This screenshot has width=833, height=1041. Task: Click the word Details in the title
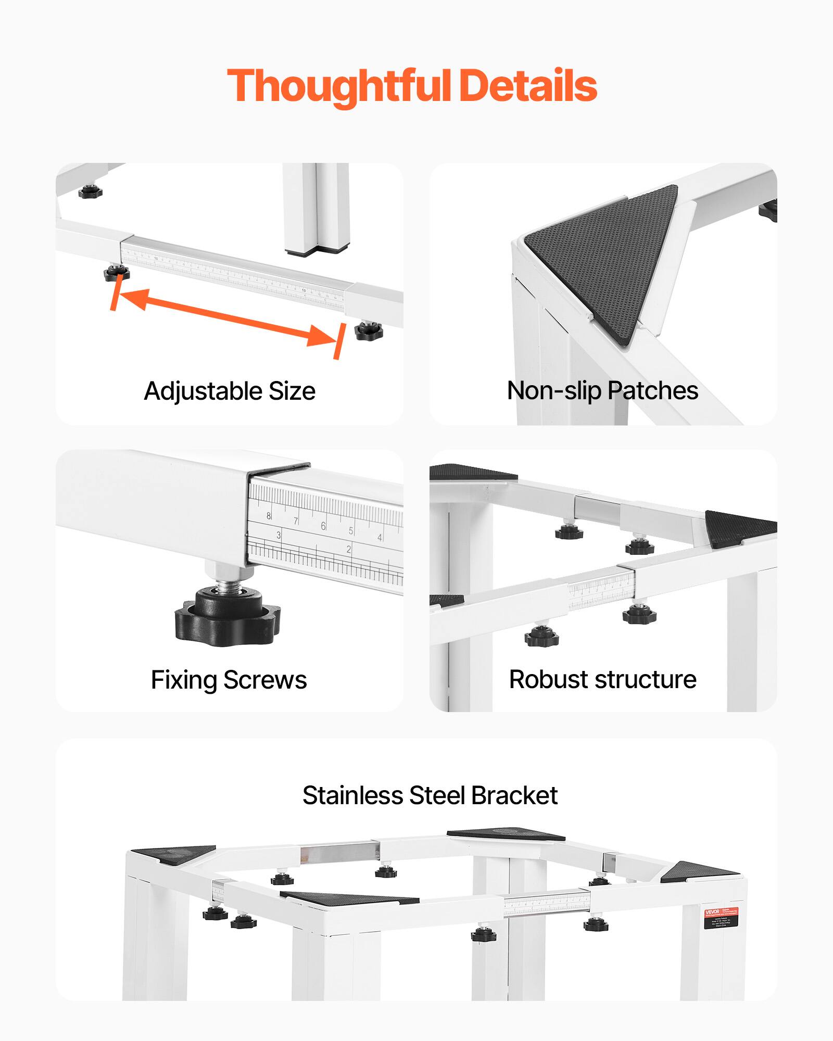click(x=528, y=86)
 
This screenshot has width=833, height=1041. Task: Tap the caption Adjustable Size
click(x=230, y=391)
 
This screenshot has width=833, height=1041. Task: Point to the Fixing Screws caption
click(x=229, y=680)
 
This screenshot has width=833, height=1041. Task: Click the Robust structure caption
click(x=602, y=679)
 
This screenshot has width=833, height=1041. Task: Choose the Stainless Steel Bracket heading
click(x=430, y=795)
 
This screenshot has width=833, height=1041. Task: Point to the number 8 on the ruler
click(x=269, y=516)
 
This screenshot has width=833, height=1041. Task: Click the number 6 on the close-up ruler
click(x=323, y=526)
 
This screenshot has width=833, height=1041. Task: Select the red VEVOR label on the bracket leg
click(x=722, y=919)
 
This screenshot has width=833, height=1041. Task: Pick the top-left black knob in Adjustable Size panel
click(x=91, y=191)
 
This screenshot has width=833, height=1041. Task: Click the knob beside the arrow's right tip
click(x=369, y=331)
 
